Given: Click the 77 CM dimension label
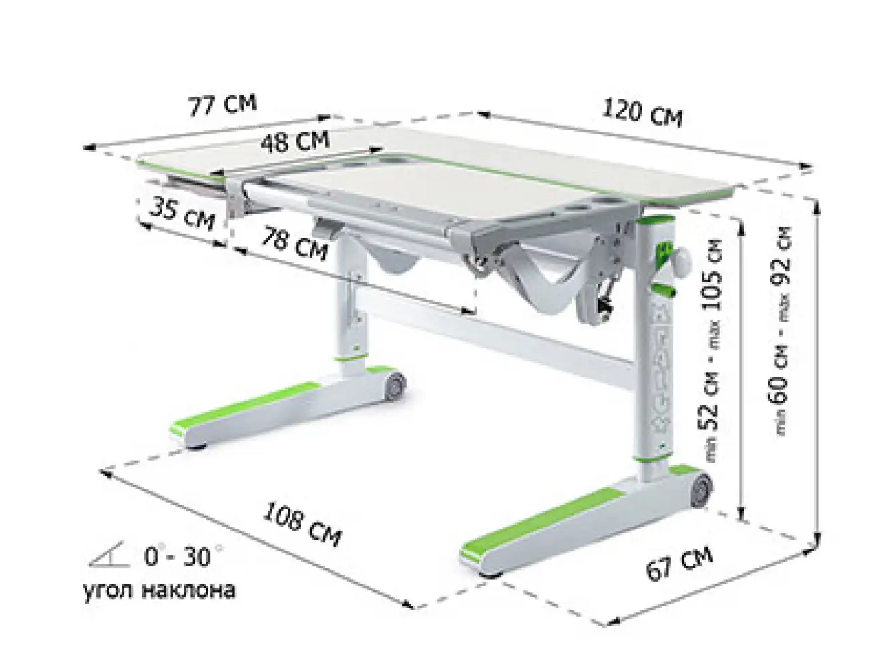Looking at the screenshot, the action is coord(222,105).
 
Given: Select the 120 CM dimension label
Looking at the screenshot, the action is coord(642,114).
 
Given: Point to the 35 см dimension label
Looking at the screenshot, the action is coord(182,214).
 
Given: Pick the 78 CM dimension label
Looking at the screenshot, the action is coord(294,244).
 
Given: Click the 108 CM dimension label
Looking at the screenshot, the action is coord(302,524).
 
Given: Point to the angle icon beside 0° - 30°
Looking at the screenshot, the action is coord(109,556).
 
